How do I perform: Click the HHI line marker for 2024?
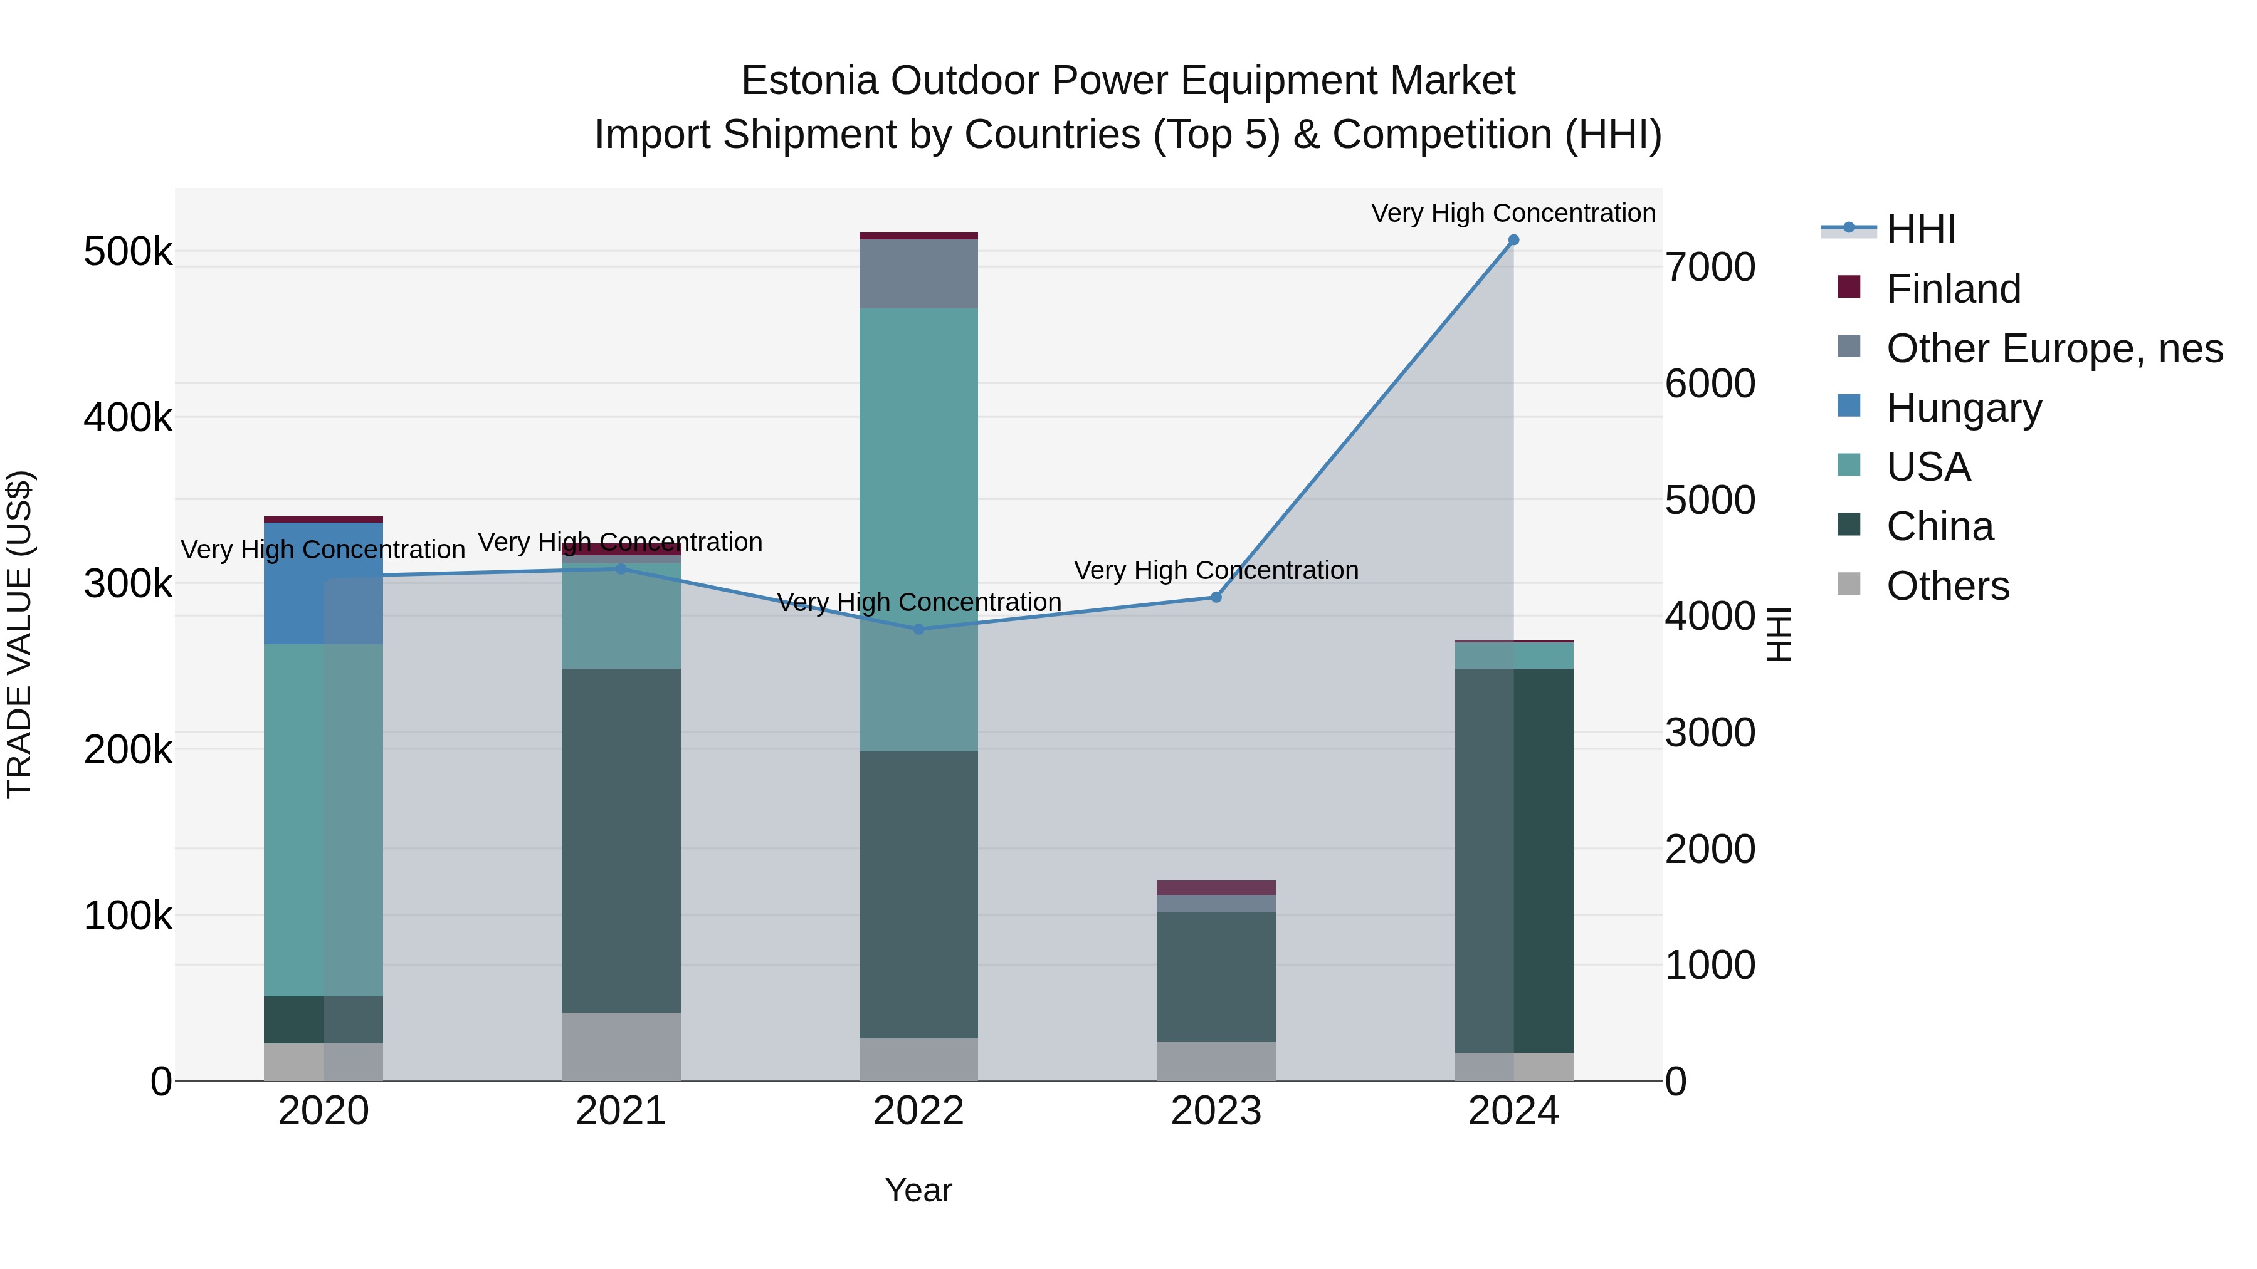pos(1513,240)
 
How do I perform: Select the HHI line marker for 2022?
pos(918,629)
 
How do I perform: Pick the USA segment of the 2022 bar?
pos(918,526)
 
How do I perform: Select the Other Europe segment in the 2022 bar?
pos(918,273)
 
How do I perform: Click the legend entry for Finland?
pos(1953,289)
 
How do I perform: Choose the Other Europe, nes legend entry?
pos(2054,348)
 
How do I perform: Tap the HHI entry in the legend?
pos(1920,229)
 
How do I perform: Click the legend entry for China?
pos(1939,526)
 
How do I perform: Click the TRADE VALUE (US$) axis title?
pos(19,634)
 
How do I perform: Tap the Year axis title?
pos(918,1190)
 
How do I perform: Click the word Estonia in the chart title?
pos(809,81)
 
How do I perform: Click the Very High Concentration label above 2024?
pos(1513,213)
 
